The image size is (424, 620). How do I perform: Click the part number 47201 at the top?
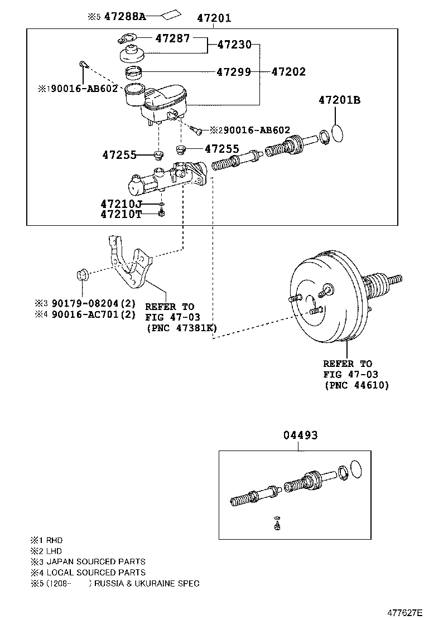214,18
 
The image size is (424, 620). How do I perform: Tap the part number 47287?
172,38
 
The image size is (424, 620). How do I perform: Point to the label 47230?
234,45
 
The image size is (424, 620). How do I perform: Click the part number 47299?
234,72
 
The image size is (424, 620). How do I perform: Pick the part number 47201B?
339,100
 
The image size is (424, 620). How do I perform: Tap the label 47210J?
121,204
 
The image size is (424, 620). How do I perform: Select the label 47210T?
121,214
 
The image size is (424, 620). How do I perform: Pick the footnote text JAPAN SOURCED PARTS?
95,561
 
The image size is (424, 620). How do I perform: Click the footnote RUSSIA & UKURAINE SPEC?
146,583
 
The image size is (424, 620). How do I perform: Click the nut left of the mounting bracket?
81,275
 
